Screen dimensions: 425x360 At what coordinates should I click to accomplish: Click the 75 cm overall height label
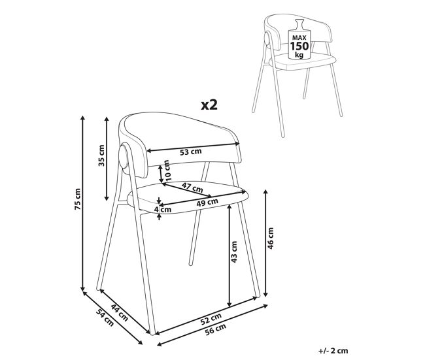click(78, 199)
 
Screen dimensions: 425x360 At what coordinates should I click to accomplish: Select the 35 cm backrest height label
click(101, 155)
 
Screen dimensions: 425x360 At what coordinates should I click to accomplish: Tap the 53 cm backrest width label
click(191, 152)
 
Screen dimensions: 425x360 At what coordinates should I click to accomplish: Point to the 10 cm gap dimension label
click(167, 171)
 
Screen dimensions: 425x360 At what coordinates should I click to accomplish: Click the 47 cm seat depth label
click(192, 188)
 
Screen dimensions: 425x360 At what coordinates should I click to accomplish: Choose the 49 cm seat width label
click(207, 203)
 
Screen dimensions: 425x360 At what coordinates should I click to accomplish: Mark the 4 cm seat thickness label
click(163, 209)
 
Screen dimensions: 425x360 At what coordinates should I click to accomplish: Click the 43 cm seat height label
click(234, 252)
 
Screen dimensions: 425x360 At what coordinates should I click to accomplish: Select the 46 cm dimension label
click(271, 238)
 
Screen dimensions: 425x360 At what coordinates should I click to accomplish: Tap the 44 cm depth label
click(120, 312)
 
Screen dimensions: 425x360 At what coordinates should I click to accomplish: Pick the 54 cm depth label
click(105, 317)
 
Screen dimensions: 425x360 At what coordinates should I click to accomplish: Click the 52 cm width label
click(211, 319)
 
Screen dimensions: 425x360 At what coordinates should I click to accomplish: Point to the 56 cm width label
click(216, 330)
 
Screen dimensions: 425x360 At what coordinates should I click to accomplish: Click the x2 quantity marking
click(209, 105)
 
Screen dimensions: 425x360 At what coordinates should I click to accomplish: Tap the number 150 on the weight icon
click(299, 46)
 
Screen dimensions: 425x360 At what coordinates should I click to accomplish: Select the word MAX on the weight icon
click(299, 37)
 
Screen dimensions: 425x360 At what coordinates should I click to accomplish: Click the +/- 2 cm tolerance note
click(333, 351)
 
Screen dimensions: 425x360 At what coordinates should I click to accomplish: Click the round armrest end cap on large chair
click(124, 157)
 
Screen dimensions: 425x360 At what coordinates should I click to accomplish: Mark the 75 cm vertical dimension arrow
click(83, 203)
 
